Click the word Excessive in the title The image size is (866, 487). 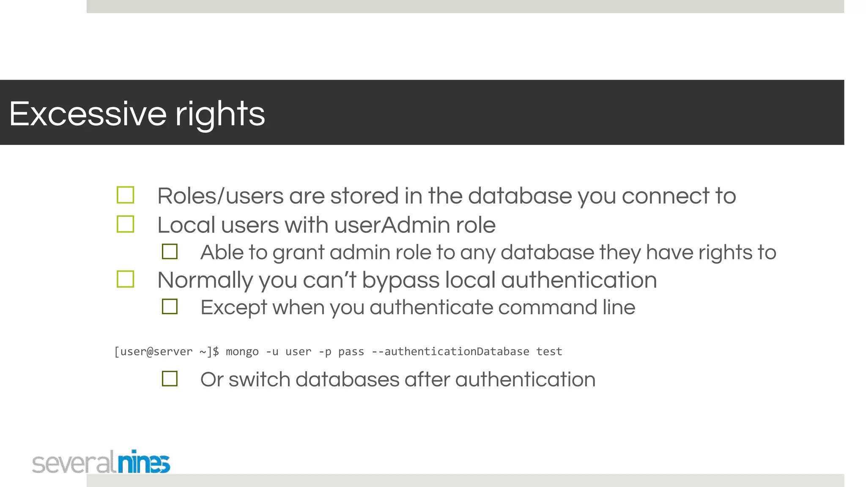(x=88, y=114)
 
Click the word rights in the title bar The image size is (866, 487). (x=220, y=115)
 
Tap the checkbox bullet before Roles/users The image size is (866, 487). (x=126, y=195)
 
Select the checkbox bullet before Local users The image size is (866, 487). (x=126, y=224)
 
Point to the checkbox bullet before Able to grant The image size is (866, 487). (x=170, y=252)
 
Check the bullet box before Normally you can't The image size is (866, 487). (x=126, y=279)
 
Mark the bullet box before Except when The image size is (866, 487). (x=170, y=306)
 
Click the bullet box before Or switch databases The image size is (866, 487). (x=170, y=379)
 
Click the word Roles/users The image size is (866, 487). (x=220, y=196)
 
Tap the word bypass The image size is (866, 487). (x=400, y=281)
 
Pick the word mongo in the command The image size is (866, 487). (x=242, y=352)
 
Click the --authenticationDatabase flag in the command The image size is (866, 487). (x=450, y=352)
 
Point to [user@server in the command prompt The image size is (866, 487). (x=153, y=352)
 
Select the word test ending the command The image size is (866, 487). (x=549, y=352)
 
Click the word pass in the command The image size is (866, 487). (x=351, y=352)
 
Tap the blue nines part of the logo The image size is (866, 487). (x=144, y=462)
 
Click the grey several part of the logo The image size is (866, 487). (x=73, y=463)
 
